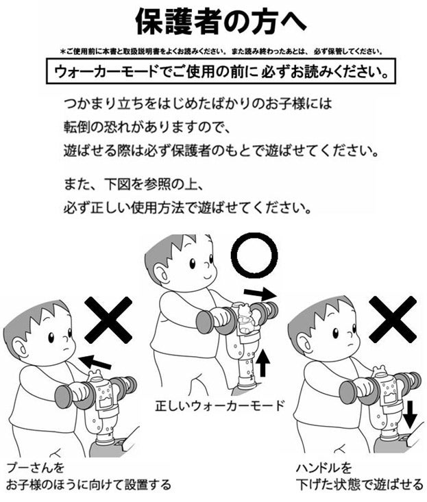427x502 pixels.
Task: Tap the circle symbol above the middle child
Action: [x=254, y=257]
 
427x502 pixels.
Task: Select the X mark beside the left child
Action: [x=108, y=320]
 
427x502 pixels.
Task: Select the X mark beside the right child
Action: [x=392, y=319]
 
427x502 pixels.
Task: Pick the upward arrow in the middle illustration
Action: [x=264, y=362]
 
